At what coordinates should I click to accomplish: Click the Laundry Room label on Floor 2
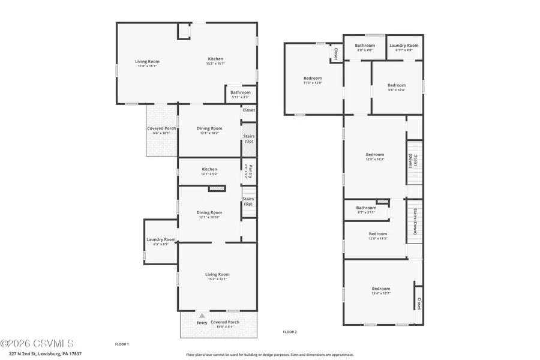(404, 46)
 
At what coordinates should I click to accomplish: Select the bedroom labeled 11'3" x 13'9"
(312, 79)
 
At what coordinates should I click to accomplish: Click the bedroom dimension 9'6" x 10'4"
(396, 90)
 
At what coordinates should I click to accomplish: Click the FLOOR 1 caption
(122, 344)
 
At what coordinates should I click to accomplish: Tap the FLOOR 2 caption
(290, 332)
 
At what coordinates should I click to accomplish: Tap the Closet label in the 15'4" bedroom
(419, 304)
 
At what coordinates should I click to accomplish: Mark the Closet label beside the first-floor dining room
(248, 110)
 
